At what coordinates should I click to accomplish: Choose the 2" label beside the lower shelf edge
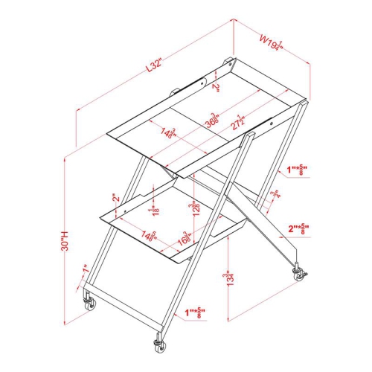coord(115,199)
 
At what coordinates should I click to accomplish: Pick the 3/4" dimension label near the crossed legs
coord(275,195)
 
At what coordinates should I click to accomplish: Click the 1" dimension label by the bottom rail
coord(86,269)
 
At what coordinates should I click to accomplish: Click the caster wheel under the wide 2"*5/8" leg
coord(301,276)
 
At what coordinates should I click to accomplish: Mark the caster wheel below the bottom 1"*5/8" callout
coord(158,345)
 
